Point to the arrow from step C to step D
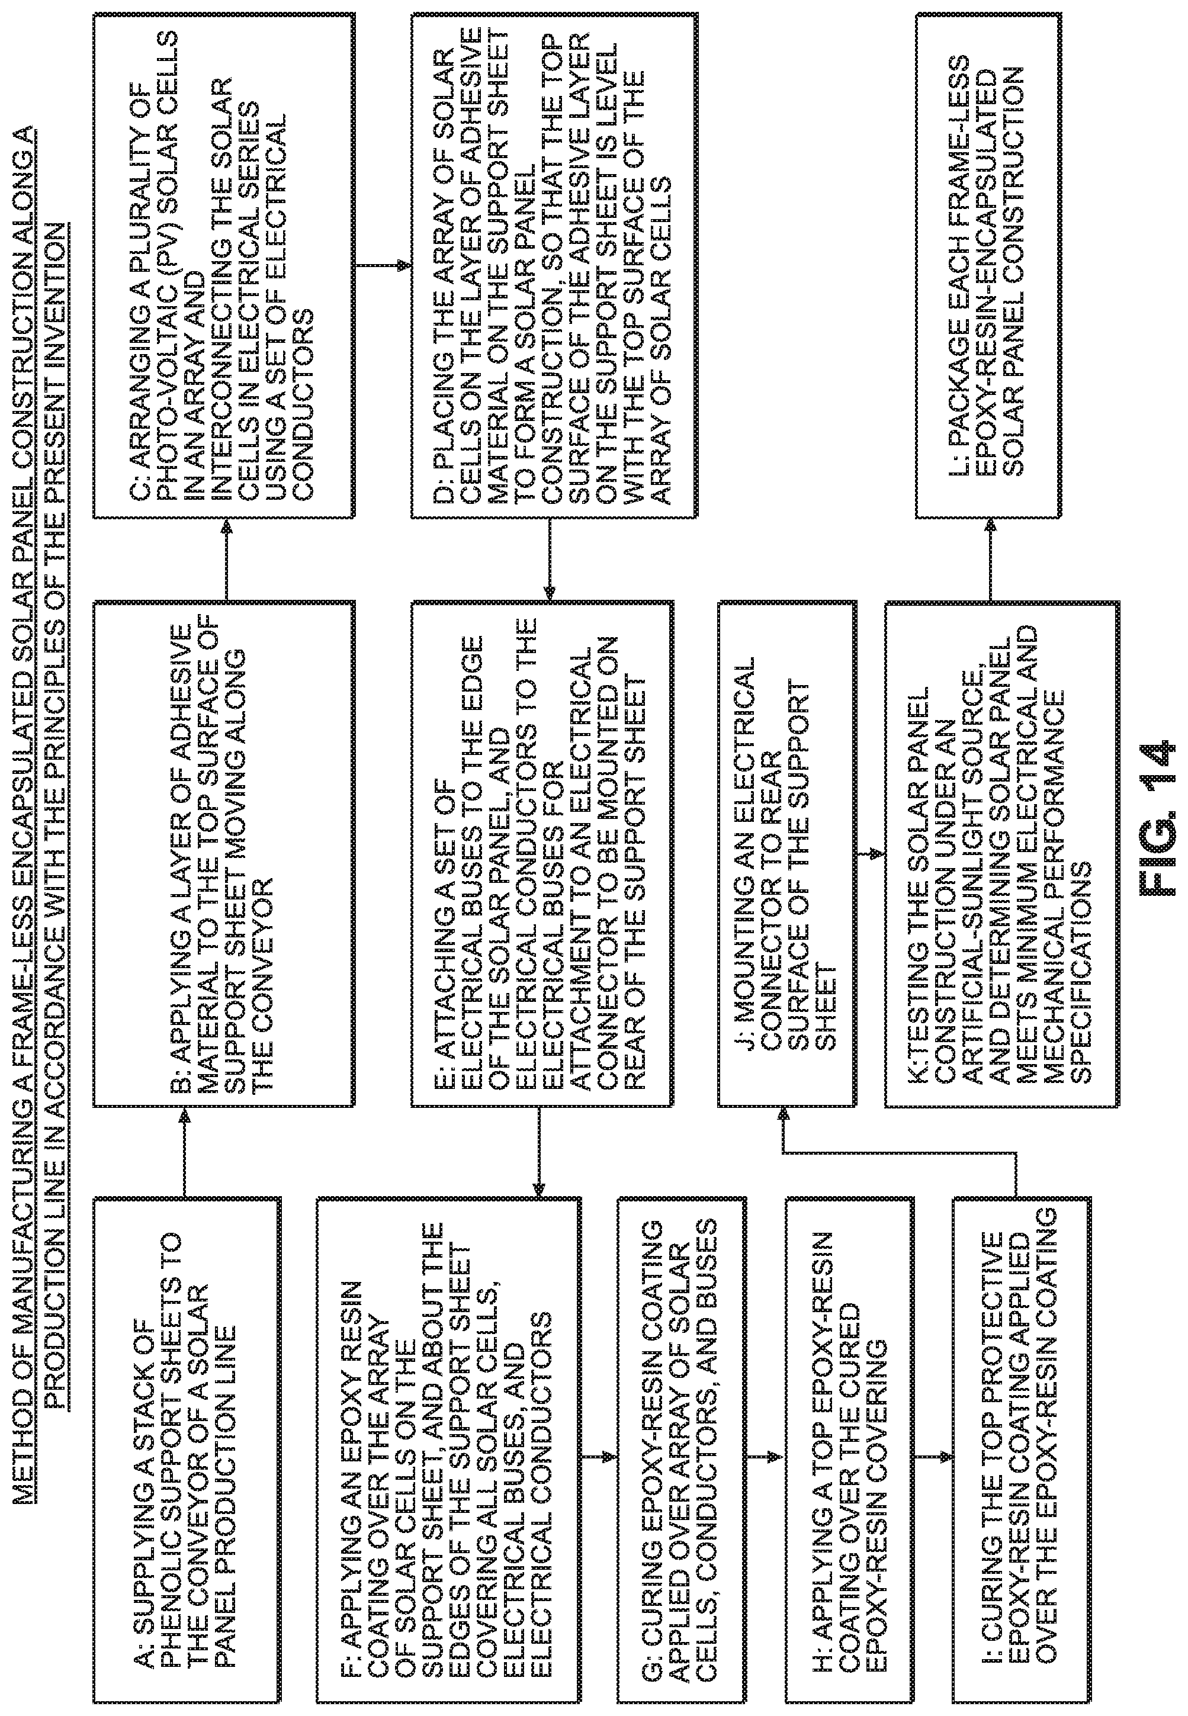pyautogui.click(x=383, y=265)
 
